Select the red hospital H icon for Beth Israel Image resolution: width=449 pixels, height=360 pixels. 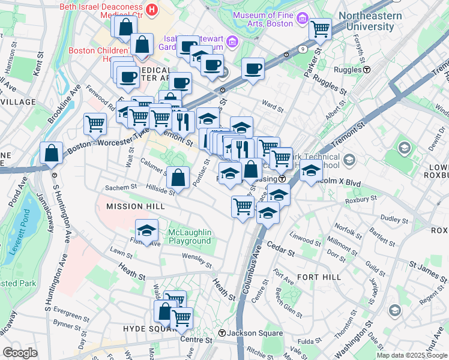point(152,10)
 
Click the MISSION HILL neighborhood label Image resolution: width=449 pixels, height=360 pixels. point(135,206)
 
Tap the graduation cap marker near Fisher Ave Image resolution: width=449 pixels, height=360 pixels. point(146,230)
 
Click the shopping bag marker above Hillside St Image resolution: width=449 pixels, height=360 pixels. point(178,176)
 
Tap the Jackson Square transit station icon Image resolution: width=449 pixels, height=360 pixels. point(221,333)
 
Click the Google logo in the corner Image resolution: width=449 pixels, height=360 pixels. point(19,353)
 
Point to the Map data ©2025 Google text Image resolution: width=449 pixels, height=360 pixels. point(412,355)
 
